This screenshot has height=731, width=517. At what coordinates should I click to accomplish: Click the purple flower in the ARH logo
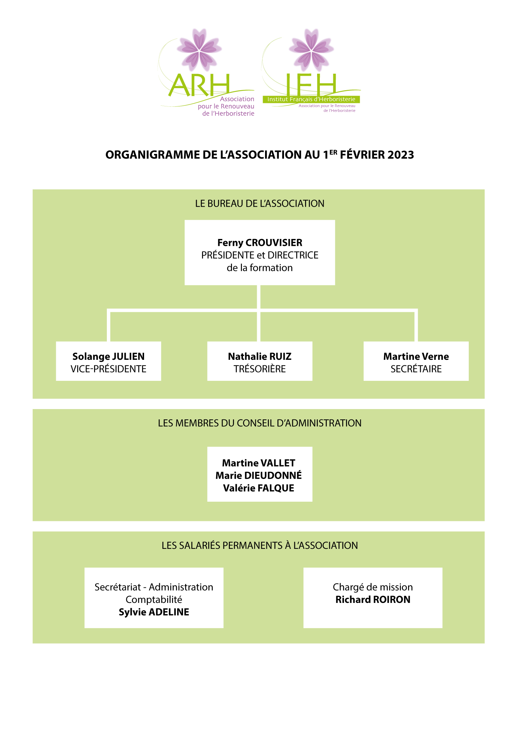pos(199,50)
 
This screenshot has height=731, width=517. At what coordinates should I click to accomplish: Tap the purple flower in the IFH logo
pos(312,50)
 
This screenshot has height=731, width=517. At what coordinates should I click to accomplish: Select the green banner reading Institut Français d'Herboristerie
pos(311,99)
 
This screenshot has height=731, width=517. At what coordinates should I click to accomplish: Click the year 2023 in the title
pos(401,155)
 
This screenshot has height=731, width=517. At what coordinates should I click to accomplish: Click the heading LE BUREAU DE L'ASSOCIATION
pos(260,203)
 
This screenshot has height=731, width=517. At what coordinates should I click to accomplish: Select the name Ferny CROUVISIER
pos(260,243)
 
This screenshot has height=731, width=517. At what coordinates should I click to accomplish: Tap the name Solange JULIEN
pos(109,356)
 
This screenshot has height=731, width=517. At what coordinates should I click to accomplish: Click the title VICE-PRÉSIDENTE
pos(109,369)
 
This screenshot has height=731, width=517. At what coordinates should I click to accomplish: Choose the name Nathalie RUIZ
pos(260,356)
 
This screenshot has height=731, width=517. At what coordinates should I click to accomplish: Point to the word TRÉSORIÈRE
pos(260,369)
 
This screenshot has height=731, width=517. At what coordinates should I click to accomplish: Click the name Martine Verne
pos(416,356)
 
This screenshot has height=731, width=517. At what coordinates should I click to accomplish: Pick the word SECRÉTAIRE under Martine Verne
pos(416,369)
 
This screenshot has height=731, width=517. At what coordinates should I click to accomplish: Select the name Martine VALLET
pos(258,463)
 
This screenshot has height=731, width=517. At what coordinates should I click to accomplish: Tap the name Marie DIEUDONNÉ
pos(258,476)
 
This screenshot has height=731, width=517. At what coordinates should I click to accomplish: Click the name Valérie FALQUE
pos(258,488)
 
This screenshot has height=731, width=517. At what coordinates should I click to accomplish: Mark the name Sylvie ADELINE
pos(154,612)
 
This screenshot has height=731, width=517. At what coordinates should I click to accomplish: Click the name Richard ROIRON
pos(373,599)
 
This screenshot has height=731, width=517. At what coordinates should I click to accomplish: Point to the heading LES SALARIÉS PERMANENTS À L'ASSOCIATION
pos(260,545)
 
